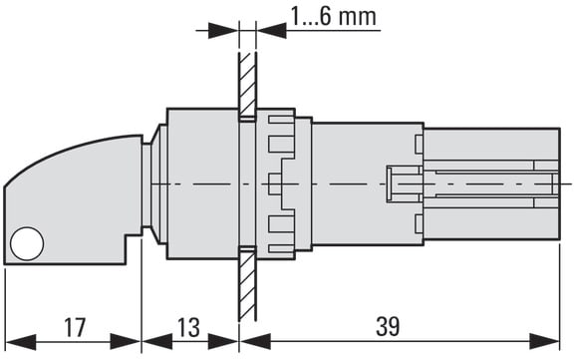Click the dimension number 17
click(75, 327)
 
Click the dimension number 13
click(188, 327)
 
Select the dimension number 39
click(388, 326)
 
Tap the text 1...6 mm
click(333, 17)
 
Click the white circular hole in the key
click(27, 243)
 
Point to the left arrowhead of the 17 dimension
click(21, 342)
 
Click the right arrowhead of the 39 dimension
click(544, 341)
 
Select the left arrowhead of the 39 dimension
click(255, 341)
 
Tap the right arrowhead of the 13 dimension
click(223, 342)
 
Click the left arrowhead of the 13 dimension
click(157, 342)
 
